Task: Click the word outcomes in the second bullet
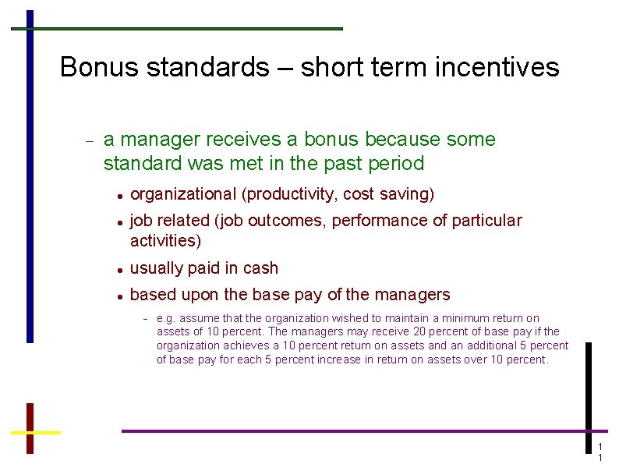(x=288, y=221)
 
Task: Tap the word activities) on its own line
(x=165, y=241)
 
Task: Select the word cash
(x=260, y=268)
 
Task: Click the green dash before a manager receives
(x=89, y=141)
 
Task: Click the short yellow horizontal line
(x=36, y=431)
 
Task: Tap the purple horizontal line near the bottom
(x=359, y=430)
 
